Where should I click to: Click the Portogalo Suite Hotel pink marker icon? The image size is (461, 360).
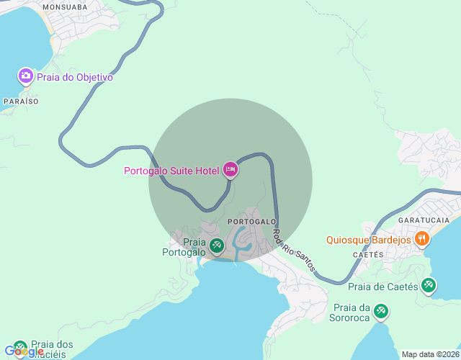230,170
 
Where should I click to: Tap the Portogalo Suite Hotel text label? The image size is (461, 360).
171,171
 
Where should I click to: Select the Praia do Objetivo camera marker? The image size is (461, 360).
26,76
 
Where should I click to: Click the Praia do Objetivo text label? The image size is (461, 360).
75,77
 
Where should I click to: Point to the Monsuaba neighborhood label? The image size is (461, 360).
65,6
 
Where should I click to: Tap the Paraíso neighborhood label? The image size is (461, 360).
20,102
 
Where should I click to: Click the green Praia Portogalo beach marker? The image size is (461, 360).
216,247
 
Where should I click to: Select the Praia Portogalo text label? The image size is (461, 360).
184,248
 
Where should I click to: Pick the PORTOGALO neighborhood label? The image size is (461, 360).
251,221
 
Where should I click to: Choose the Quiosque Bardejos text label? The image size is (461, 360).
368,240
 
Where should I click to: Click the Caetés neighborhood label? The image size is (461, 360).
367,255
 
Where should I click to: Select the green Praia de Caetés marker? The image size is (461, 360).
429,285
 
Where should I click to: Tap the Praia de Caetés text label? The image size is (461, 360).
383,287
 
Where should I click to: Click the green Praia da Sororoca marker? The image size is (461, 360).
381,310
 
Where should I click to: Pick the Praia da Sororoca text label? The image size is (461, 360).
350,311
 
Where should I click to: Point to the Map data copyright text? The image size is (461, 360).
429,354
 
